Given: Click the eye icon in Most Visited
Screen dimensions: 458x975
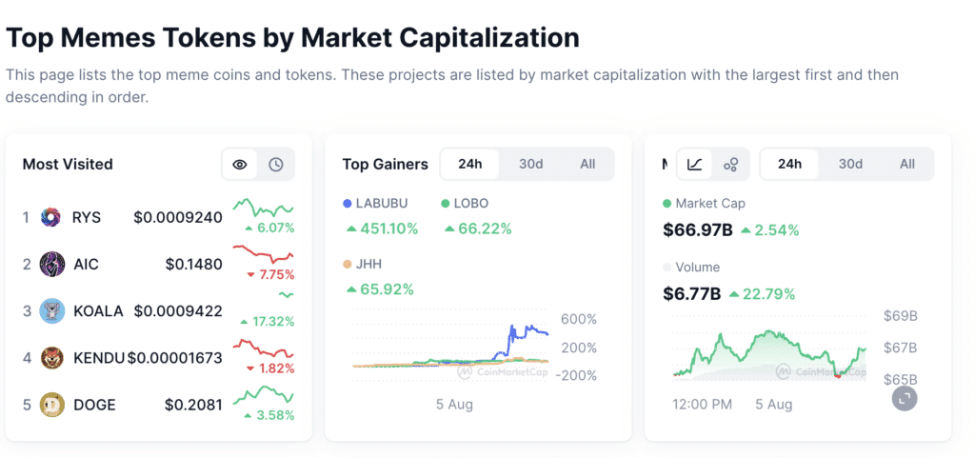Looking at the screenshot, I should [x=240, y=165].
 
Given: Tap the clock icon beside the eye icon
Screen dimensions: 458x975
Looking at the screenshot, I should [x=275, y=165].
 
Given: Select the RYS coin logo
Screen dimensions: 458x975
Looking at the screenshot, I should [x=51, y=217].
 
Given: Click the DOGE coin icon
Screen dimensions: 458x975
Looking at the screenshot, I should [x=51, y=405].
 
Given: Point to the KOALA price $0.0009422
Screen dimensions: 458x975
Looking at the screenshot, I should [x=178, y=310].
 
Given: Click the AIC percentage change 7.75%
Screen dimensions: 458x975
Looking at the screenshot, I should [x=270, y=274].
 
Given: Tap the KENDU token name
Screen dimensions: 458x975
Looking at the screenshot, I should [x=99, y=358].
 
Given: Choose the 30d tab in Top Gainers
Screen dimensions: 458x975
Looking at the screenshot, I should [x=530, y=164].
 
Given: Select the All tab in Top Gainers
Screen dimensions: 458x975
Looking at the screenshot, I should [x=587, y=164].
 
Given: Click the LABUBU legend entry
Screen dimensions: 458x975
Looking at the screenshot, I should [x=380, y=203].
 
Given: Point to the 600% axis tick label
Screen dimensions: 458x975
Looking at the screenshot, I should [x=578, y=319].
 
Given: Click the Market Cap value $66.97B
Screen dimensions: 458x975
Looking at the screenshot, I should [x=697, y=229].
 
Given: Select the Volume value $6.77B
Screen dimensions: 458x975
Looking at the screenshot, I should [x=691, y=293].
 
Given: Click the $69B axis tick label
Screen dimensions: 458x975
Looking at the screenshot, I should [x=901, y=316].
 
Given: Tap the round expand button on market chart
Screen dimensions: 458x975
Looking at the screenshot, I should [x=905, y=398].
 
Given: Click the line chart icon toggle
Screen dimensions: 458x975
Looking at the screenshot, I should [x=695, y=164].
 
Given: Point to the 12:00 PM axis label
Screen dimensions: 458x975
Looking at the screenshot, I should [x=703, y=405].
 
